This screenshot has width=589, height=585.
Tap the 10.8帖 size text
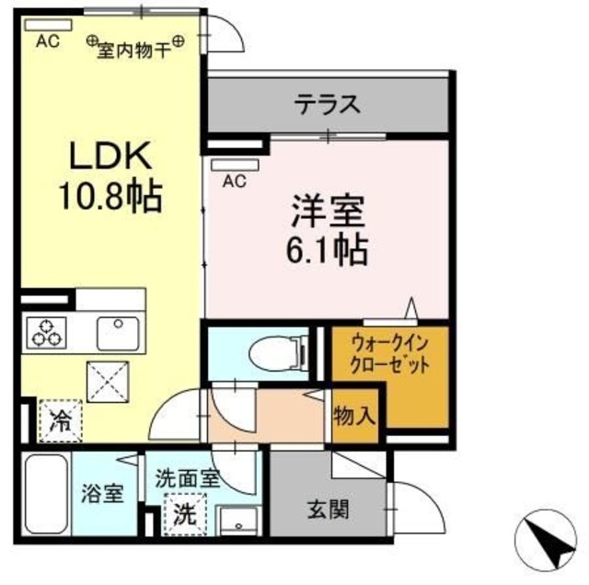tap(109, 194)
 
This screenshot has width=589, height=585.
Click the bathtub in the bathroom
tap(42, 497)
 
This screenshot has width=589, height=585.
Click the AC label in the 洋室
tap(234, 181)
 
